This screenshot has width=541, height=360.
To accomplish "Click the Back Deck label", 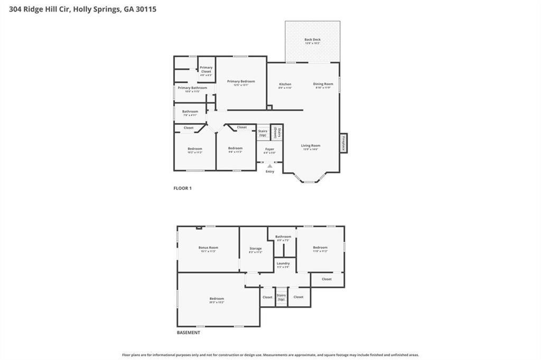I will pos(312,40).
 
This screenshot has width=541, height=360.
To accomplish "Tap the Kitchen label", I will pos(285,85).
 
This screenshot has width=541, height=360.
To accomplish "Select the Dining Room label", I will pos(323,84).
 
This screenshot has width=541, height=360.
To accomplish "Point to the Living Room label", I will pos(311,146).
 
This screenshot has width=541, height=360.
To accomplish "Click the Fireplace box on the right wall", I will pos(343,143).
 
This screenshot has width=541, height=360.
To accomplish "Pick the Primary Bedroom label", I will pos(241,81).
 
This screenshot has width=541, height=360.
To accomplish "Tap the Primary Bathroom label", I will pos(192,88).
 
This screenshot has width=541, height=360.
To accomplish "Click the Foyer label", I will pos(269,150).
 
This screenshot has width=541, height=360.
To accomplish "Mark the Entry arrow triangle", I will pos(270,166).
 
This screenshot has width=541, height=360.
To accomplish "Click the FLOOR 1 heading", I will pos(182,188).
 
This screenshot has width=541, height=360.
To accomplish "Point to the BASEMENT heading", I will pos(188,333).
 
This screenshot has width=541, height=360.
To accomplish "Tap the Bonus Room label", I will pos(208,248).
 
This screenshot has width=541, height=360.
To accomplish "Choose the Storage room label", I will pos(255,248).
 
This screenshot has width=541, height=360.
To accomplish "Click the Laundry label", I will pos(283,263).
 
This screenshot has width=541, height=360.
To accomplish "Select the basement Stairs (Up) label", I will pos(281,297).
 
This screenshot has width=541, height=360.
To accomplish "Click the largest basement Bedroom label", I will pos(217,299).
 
